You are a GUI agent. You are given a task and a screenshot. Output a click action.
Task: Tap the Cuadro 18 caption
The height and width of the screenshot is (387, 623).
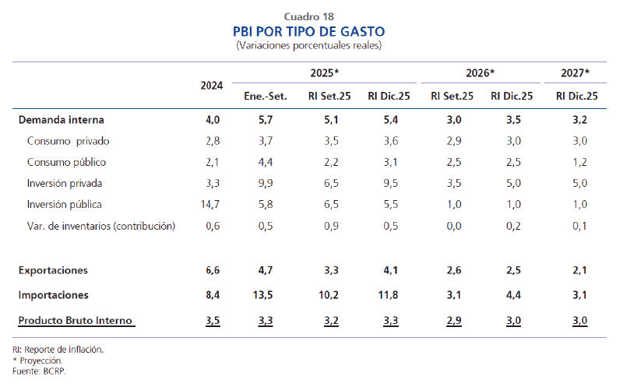click(309, 16)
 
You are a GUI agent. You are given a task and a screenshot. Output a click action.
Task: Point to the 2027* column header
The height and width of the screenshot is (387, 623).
click(575, 73)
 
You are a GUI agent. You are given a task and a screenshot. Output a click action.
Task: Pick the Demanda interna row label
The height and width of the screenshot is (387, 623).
click(61, 120)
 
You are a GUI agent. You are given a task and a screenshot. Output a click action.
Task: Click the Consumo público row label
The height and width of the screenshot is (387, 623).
click(66, 162)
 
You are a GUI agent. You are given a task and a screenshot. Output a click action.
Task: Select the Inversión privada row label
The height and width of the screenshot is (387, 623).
click(65, 184)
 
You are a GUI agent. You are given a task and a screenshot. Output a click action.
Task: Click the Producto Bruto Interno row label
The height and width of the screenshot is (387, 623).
click(76, 320)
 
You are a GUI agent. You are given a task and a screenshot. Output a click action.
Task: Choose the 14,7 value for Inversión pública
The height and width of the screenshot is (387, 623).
click(211, 205)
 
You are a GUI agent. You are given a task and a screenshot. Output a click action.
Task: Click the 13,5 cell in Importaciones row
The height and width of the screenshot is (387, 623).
click(266, 295)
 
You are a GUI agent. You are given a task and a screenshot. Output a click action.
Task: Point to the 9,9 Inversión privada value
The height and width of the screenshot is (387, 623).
click(266, 184)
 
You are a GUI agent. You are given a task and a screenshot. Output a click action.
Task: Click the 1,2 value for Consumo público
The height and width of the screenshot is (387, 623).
click(577, 162)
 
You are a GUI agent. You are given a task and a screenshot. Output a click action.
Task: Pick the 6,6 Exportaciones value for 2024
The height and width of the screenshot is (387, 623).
click(213, 270)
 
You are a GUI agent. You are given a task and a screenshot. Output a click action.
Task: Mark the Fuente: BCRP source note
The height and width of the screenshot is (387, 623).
click(40, 371)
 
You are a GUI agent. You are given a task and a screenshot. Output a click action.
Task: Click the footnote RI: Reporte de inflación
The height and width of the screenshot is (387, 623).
click(58, 350)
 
